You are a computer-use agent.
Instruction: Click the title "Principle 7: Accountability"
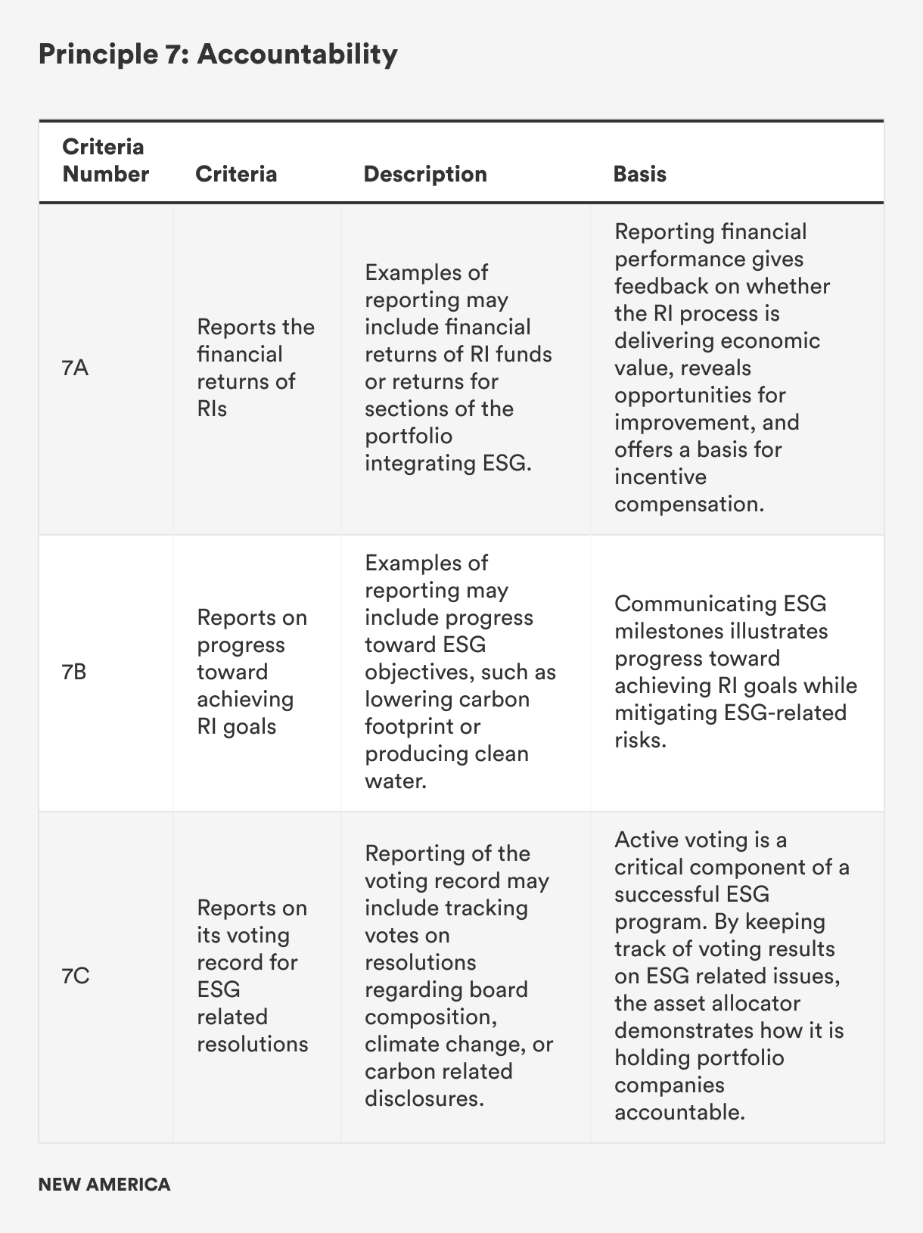coord(218,54)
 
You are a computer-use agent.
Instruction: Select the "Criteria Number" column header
coord(105,160)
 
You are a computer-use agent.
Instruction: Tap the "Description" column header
coord(425,174)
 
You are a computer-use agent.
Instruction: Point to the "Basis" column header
coord(639,174)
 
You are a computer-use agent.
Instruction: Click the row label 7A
coord(75,368)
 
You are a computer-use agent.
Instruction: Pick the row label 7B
coord(74,672)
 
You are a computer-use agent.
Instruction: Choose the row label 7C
coord(76,976)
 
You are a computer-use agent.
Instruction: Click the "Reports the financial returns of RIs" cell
coord(255,368)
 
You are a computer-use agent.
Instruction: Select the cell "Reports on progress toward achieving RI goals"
coord(252,672)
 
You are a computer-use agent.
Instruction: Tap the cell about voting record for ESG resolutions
coord(252,976)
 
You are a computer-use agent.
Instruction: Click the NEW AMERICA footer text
coord(104,1184)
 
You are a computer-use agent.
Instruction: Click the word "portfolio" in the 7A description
coord(409,436)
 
